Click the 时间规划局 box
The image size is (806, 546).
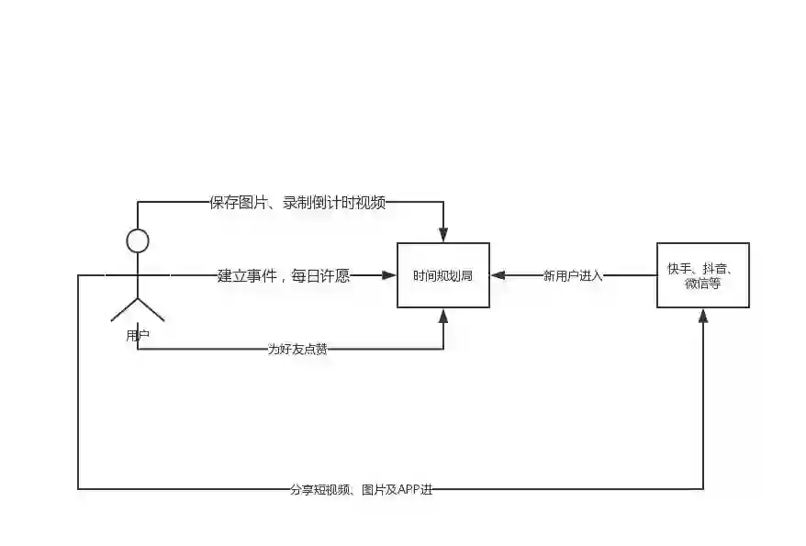(442, 275)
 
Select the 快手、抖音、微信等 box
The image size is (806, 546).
(702, 275)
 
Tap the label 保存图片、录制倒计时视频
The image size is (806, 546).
(297, 203)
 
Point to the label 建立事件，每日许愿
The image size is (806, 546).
(284, 275)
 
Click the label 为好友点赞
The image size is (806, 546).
(297, 350)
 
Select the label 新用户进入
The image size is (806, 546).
(573, 275)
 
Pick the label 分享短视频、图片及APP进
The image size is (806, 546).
(360, 489)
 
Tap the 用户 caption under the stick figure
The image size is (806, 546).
(138, 336)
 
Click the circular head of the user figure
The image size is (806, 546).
(138, 241)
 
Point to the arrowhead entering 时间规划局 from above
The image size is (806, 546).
(443, 236)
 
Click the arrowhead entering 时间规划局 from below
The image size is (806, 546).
(443, 316)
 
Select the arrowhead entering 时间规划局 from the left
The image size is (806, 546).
(387, 275)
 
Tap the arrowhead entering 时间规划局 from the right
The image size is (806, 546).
(498, 275)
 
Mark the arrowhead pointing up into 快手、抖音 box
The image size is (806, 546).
(703, 315)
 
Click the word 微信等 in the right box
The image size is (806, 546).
(702, 284)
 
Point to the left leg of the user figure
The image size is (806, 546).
(124, 309)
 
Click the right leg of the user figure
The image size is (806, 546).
(151, 309)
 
